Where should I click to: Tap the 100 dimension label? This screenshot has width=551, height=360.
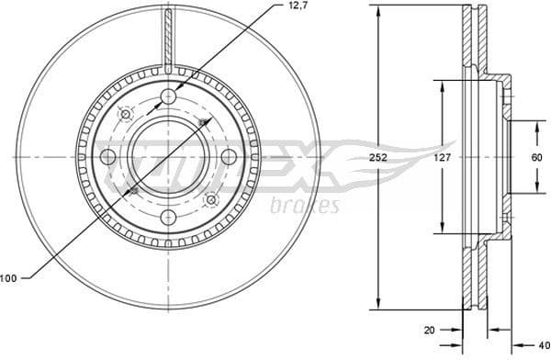(x=9, y=277)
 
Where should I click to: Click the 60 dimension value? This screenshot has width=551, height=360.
(x=534, y=156)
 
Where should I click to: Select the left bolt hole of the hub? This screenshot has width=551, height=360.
(x=107, y=157)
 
